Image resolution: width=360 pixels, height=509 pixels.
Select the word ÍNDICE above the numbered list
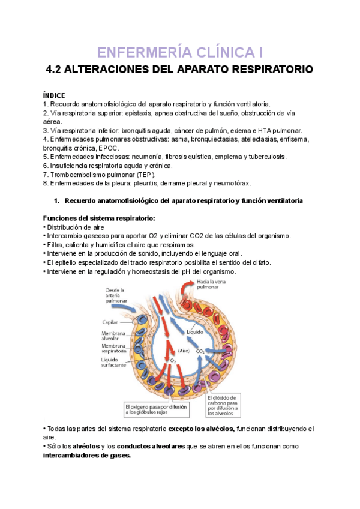54,95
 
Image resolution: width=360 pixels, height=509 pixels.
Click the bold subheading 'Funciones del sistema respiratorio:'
99,217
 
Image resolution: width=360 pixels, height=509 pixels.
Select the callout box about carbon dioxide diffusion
223,405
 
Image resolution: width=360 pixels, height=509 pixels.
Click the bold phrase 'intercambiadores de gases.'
86,455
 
